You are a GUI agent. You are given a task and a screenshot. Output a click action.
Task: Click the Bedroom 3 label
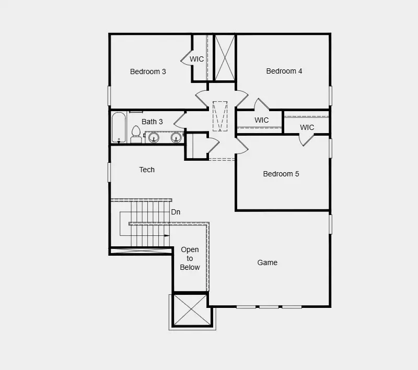pos(148,71)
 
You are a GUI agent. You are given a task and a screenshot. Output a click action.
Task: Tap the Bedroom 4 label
pos(284,71)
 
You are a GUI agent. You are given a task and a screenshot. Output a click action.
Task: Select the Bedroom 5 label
pos(281,174)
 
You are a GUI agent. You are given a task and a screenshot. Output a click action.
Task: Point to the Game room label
pos(267,262)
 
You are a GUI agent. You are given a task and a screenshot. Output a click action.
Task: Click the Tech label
pos(147,170)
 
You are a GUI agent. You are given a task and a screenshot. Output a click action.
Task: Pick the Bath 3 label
pos(152,122)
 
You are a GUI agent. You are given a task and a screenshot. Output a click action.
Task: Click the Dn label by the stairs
pos(176,212)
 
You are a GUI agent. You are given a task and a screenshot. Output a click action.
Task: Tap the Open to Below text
pos(190,258)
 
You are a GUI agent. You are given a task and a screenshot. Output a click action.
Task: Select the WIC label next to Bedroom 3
pos(197,59)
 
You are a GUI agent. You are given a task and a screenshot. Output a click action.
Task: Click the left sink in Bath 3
pos(154,137)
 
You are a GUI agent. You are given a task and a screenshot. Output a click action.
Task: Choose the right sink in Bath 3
pos(176,137)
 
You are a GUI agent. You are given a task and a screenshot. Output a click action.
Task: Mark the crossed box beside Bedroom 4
pos(225,58)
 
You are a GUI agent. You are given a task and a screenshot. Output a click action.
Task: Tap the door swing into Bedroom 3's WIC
pos(186,58)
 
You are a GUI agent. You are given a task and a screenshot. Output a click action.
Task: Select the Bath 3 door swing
pos(180,121)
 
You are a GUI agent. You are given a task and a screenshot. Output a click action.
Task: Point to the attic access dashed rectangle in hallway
pos(220,116)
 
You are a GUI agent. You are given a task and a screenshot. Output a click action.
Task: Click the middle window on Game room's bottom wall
pos(269,307)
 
